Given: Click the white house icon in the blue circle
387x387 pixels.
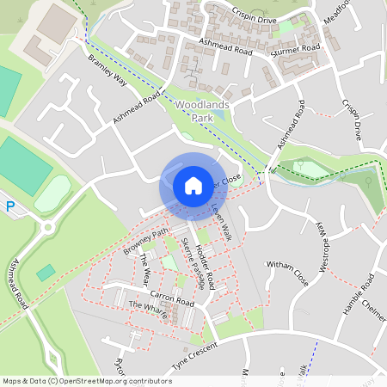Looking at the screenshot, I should pyautogui.click(x=193, y=185).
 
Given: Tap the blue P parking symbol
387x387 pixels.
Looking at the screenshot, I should pyautogui.click(x=10, y=206).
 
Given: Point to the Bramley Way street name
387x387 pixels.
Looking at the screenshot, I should pyautogui.click(x=107, y=71).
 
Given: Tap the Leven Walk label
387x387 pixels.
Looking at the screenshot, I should pyautogui.click(x=222, y=222).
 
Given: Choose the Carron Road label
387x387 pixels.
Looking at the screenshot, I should pyautogui.click(x=175, y=300).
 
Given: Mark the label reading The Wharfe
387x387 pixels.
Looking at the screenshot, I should pyautogui.click(x=148, y=310).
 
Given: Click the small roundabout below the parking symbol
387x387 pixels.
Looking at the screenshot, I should pyautogui.click(x=48, y=227).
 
